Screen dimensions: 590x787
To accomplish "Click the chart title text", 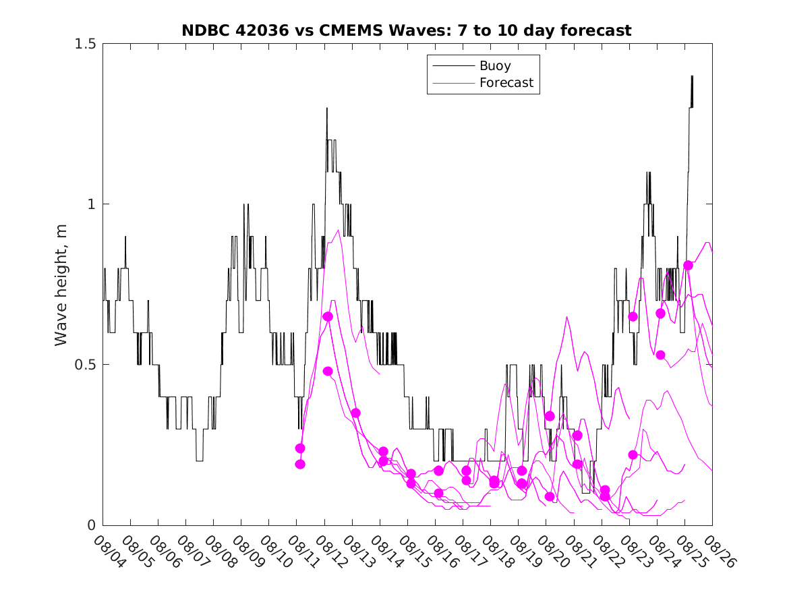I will coord(407,30).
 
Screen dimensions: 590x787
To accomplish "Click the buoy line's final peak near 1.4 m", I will coord(692,76).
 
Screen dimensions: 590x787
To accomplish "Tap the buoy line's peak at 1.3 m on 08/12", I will coord(327,108).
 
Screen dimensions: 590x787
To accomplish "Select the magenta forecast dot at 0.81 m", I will coord(688,266).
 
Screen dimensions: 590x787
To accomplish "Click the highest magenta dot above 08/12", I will coord(328,317).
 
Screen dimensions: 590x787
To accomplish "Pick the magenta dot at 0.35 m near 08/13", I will coord(355,413).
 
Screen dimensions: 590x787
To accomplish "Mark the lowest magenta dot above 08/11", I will coord(300,464).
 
